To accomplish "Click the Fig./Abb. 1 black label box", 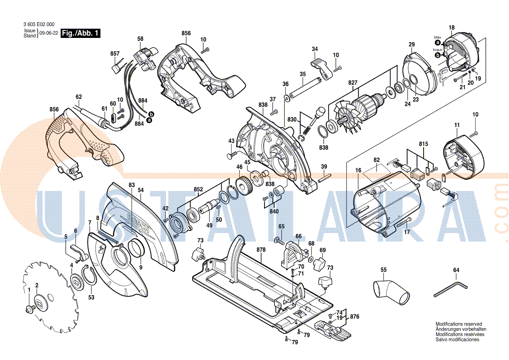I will click(x=81, y=33).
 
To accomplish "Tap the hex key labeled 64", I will click(x=451, y=289).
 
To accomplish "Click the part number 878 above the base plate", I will click(x=261, y=250).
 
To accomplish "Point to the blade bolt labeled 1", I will click(x=30, y=309).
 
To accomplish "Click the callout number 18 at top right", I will click(x=451, y=28).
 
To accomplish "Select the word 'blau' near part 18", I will click(x=438, y=37).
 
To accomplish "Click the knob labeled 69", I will click(x=320, y=263).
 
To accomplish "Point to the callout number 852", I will click(x=198, y=190).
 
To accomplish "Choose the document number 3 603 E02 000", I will click(x=39, y=25).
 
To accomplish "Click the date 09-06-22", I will click(x=48, y=33).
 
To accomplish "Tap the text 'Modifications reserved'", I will click(x=459, y=324).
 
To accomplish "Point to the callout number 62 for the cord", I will click(x=79, y=97).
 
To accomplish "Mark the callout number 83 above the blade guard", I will click(x=132, y=185).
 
